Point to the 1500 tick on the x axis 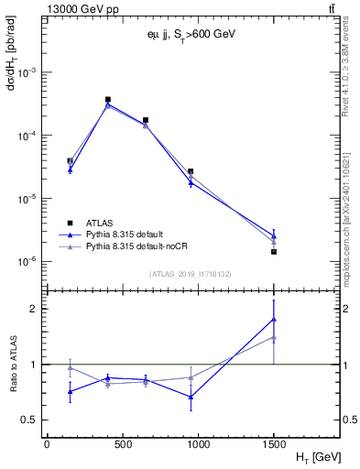point(274,443)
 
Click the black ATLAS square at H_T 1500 point(274,251)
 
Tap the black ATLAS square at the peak point(108,99)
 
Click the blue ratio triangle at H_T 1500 point(274,319)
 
